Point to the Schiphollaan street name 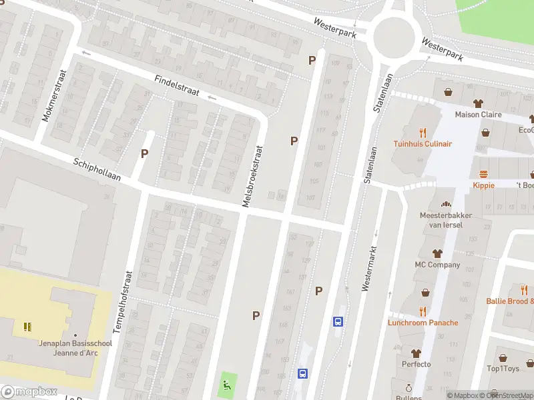tap(97, 170)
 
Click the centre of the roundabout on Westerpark tap(394, 37)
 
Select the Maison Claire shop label tap(478, 114)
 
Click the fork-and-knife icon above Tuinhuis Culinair tap(422, 132)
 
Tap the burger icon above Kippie tap(483, 173)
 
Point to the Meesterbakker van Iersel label tap(441, 220)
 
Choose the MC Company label tap(437, 265)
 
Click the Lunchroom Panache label tap(423, 323)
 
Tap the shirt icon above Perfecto tap(416, 353)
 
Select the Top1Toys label tap(503, 369)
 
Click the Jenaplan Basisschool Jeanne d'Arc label tap(74, 347)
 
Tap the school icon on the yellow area tap(27, 327)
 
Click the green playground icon tap(227, 383)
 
